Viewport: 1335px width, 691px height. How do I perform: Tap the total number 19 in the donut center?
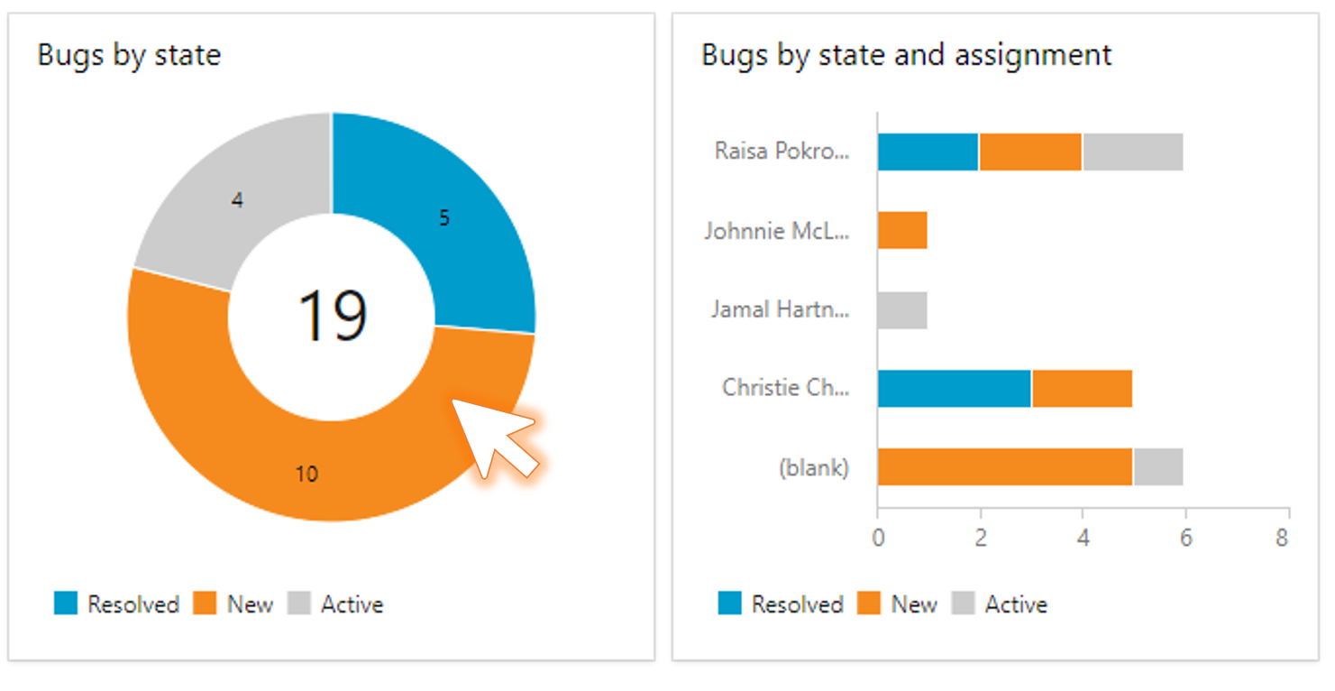(x=333, y=316)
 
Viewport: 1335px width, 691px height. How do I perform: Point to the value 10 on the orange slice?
(x=306, y=474)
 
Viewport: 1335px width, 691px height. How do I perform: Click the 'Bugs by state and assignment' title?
(x=906, y=55)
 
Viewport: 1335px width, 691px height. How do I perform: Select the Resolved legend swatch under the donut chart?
(x=66, y=603)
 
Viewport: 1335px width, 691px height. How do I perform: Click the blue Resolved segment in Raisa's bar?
(x=928, y=152)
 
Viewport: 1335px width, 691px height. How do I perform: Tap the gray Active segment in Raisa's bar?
(x=1132, y=152)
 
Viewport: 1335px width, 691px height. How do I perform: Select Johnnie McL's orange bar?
(x=902, y=230)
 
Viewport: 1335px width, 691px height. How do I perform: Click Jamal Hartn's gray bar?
(x=902, y=309)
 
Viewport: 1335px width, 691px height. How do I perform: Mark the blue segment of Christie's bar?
(x=954, y=388)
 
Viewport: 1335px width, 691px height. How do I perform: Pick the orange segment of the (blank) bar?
(x=1004, y=466)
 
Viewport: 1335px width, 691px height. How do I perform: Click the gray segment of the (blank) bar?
(x=1157, y=466)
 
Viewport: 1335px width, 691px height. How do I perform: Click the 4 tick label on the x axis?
(x=1083, y=539)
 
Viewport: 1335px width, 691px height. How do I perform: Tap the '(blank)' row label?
(x=813, y=467)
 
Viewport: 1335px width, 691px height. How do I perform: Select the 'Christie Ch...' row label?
(x=785, y=388)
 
